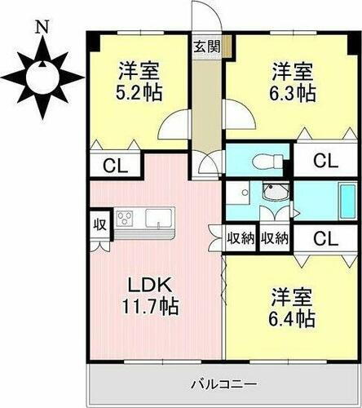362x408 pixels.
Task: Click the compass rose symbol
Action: (x=40, y=78)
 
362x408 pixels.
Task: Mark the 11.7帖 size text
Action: (x=152, y=308)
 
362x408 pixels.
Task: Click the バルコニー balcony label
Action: (x=224, y=384)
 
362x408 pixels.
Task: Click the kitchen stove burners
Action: (x=127, y=218)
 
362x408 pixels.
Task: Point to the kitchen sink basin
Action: (x=158, y=218)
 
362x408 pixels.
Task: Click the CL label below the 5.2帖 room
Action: (x=115, y=166)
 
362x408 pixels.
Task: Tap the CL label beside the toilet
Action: (x=323, y=160)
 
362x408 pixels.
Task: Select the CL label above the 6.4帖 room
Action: (x=323, y=239)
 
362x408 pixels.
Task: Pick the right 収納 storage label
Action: (x=275, y=239)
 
